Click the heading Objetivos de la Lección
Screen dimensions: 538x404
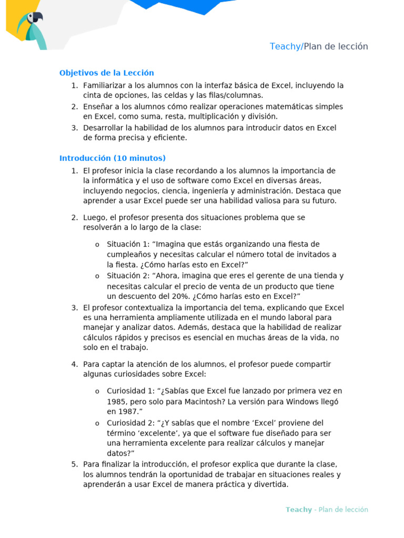pyautogui.click(x=107, y=73)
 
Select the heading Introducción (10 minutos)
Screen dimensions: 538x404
pyautogui.click(x=113, y=158)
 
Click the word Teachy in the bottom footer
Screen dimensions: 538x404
pyautogui.click(x=298, y=510)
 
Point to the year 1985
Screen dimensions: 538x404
pyautogui.click(x=116, y=401)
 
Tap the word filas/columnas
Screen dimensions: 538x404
pyautogui.click(x=233, y=96)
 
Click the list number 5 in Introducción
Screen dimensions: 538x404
pyautogui.click(x=74, y=464)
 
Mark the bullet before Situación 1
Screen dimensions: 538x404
pyautogui.click(x=97, y=245)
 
